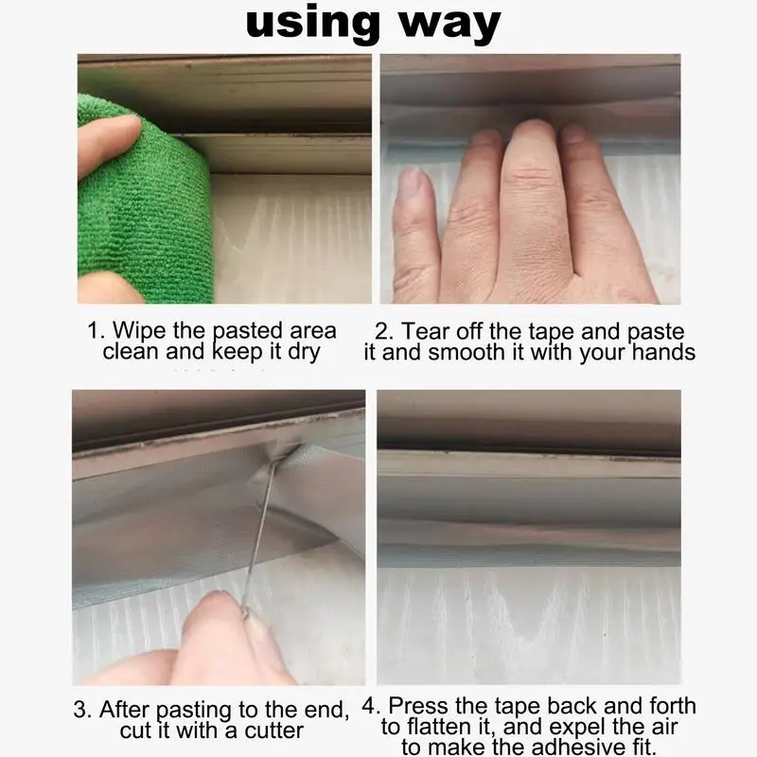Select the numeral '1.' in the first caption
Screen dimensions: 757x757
pyautogui.click(x=97, y=331)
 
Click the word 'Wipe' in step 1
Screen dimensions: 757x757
pyautogui.click(x=136, y=331)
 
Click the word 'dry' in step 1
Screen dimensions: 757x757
pyautogui.click(x=301, y=352)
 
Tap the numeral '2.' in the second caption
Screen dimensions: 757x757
pyautogui.click(x=383, y=332)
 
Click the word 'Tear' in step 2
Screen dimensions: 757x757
pyautogui.click(x=425, y=332)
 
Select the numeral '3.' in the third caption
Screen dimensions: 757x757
pyautogui.click(x=83, y=709)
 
